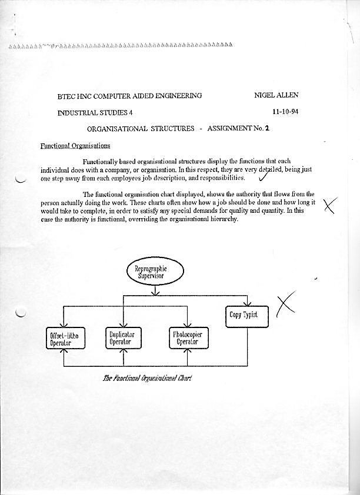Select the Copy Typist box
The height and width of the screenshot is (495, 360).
pos(247,316)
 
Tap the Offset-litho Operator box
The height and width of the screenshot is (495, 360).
pos(65,339)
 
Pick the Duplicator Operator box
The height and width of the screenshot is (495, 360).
pos(122,339)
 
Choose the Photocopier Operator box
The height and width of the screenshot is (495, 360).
pos(188,339)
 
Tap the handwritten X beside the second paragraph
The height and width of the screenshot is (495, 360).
pos(331,205)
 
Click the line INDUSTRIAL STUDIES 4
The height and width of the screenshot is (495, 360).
pos(95,112)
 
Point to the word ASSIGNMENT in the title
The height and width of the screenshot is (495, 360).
pos(230,129)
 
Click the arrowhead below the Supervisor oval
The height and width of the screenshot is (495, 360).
pos(156,292)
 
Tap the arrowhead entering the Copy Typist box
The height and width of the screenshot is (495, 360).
pos(247,303)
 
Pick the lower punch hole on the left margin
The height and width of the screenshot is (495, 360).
pos(21,312)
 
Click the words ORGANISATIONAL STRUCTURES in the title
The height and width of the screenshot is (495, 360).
pos(141,129)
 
